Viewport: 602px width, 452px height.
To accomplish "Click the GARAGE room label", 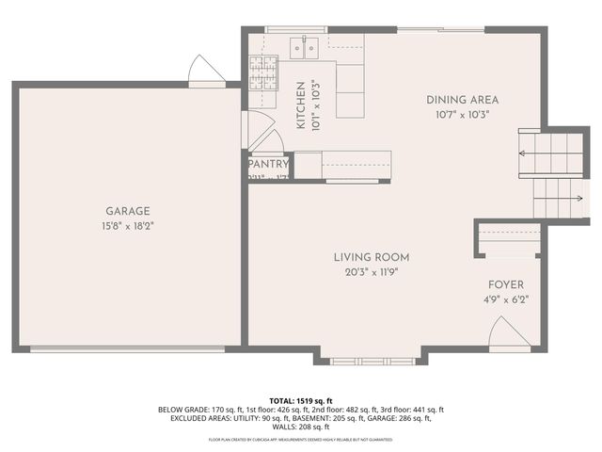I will (x=128, y=212).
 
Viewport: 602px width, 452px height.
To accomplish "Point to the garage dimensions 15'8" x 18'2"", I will (x=128, y=226).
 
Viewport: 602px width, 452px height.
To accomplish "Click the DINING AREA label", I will (x=462, y=100).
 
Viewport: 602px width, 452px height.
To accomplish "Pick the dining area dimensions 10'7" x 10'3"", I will (x=462, y=114).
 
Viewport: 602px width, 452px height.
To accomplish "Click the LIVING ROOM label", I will (x=372, y=257).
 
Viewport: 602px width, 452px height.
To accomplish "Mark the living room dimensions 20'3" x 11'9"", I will (x=372, y=271).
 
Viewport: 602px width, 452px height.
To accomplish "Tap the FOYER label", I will (x=505, y=285).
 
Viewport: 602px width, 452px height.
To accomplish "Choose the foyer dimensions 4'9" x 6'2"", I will (x=505, y=300).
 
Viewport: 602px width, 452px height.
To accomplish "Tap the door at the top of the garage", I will (x=202, y=71).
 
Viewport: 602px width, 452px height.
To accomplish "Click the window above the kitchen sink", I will (x=295, y=29).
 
